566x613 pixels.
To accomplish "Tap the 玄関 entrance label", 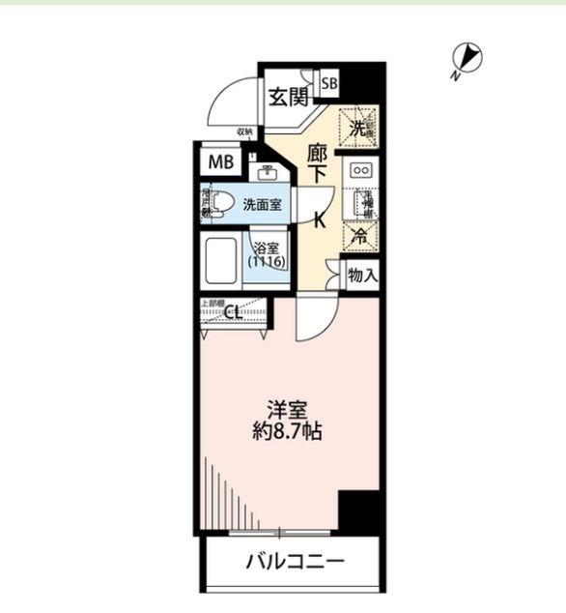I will pos(287,97).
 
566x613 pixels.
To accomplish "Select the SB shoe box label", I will pos(329,84).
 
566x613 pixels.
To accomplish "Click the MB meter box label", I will pos(221,161).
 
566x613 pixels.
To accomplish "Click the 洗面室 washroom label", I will pos(262,205).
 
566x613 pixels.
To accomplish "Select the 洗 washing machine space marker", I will pos(358,127).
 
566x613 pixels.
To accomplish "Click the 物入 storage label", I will pos(362,277).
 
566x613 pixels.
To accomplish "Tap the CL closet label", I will pos(233,311).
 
